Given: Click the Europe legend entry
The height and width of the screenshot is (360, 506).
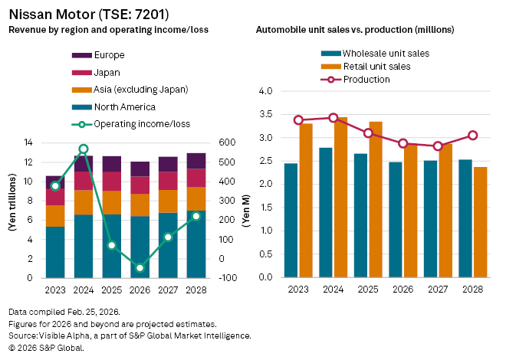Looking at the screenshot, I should click(x=107, y=55).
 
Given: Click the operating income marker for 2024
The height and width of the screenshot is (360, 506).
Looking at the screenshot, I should click(x=84, y=149).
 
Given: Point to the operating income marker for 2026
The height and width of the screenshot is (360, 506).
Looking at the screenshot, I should click(x=140, y=268).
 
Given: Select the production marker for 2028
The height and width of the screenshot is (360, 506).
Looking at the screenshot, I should click(x=473, y=136).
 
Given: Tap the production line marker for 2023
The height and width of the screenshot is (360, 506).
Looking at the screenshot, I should click(x=298, y=120).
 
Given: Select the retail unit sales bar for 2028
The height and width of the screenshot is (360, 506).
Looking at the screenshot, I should click(x=481, y=221).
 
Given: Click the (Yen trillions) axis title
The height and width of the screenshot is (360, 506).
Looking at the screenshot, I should click(x=13, y=211).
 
